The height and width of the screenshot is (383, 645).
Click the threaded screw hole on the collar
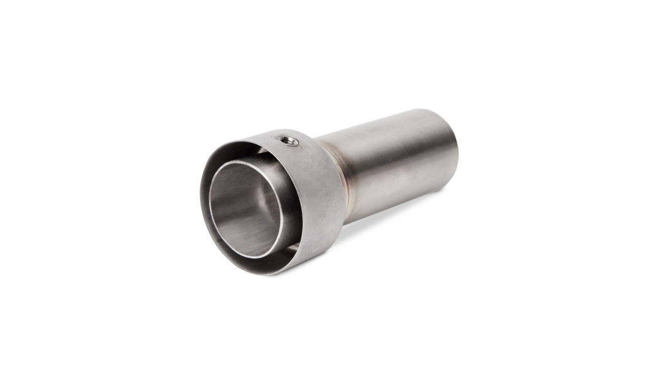[x=288, y=141]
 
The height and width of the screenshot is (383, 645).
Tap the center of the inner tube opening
[x=245, y=208]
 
